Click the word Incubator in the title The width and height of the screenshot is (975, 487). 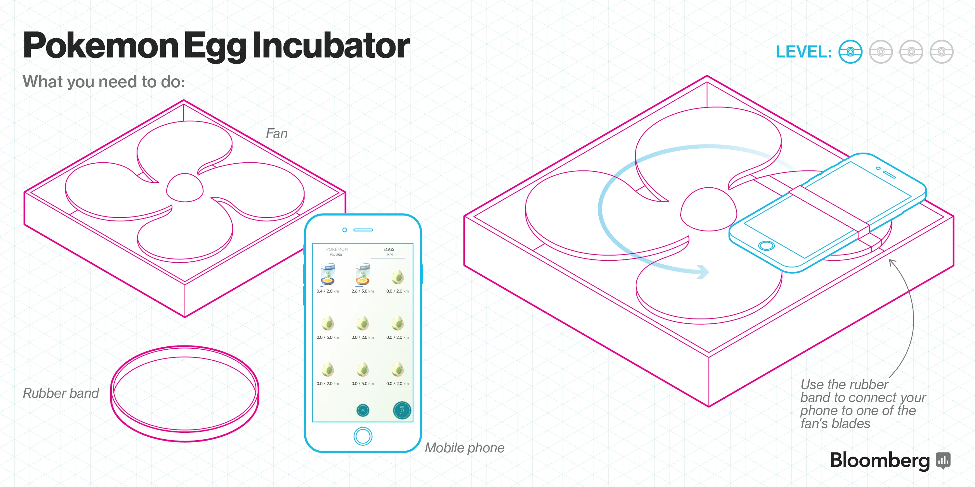click(331, 46)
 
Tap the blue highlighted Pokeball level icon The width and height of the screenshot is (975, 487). click(850, 52)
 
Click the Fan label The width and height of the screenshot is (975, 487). click(277, 133)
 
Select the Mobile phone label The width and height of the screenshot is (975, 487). click(464, 448)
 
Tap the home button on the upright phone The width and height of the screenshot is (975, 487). click(363, 436)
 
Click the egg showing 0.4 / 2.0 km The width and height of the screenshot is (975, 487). click(328, 274)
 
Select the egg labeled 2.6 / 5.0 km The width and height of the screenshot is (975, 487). click(363, 274)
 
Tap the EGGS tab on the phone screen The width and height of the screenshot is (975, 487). click(389, 250)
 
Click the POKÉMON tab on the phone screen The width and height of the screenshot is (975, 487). click(336, 250)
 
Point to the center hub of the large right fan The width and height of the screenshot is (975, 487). click(708, 209)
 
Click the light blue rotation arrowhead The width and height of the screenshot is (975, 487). click(703, 272)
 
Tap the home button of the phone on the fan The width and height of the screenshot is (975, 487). click(766, 246)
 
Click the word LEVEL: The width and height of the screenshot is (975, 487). click(803, 52)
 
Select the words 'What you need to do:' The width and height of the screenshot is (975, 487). click(104, 82)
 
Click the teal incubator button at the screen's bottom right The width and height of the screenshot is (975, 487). click(402, 410)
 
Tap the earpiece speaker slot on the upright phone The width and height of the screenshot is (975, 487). click(363, 230)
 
